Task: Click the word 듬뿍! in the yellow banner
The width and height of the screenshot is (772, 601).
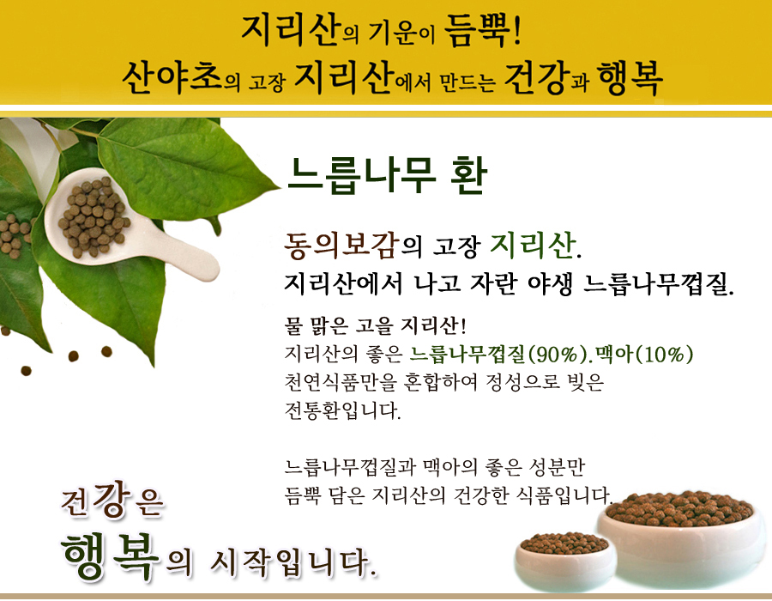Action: [x=482, y=31]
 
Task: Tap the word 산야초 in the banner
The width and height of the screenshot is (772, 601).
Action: [x=172, y=77]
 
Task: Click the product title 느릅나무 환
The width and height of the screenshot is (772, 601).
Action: [x=387, y=175]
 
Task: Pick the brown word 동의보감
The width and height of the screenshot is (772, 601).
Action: [x=341, y=246]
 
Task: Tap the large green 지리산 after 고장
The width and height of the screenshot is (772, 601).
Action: [x=533, y=245]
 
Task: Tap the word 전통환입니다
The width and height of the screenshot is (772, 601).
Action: [x=342, y=410]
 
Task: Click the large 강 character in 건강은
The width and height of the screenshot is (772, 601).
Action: [x=112, y=499]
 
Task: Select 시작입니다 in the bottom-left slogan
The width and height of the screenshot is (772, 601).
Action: [x=293, y=562]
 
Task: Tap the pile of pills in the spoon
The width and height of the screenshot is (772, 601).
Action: [x=93, y=216]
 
